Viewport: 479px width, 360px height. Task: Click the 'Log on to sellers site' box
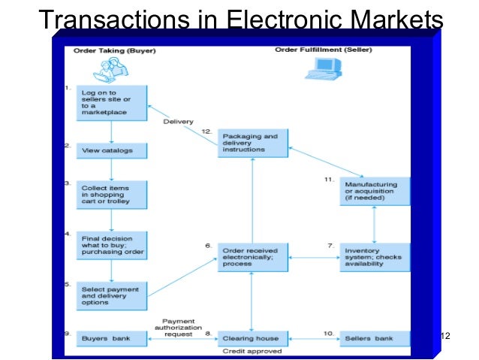click(111, 102)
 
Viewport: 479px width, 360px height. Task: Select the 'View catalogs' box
click(111, 150)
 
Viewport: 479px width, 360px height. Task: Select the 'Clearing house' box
click(252, 339)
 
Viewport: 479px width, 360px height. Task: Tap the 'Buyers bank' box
click(111, 339)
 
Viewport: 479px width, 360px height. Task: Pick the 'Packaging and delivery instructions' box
click(252, 143)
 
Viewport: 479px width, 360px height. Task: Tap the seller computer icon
click(319, 69)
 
